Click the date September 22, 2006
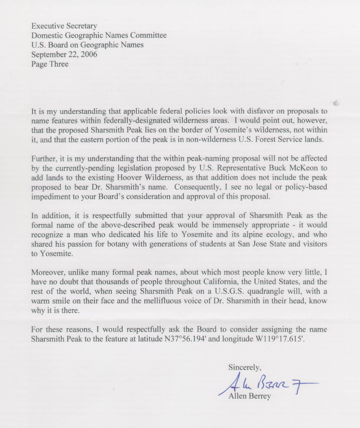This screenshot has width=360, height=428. click(64, 54)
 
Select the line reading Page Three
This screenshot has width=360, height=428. click(50, 64)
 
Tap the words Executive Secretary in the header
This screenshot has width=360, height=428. click(64, 26)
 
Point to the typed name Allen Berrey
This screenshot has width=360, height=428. click(250, 396)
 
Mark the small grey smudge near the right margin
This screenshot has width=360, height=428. click(336, 103)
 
